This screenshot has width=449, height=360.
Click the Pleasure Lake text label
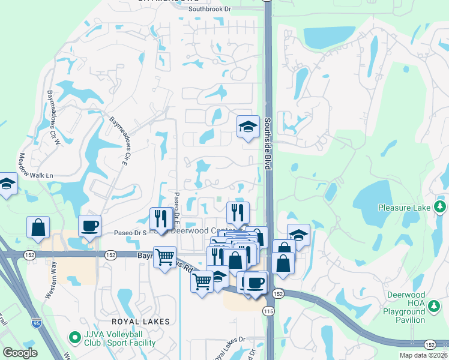pyautogui.click(x=404, y=208)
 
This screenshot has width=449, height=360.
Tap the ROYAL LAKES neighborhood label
pyautogui.click(x=134, y=322)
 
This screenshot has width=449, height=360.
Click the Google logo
pyautogui.click(x=20, y=352)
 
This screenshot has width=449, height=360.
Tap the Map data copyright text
pyautogui.click(x=421, y=355)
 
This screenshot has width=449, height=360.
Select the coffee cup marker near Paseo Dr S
pyautogui.click(x=89, y=226)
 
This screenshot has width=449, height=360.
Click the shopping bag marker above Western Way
pyautogui.click(x=38, y=227)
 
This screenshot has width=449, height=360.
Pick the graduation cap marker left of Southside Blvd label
pyautogui.click(x=248, y=127)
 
